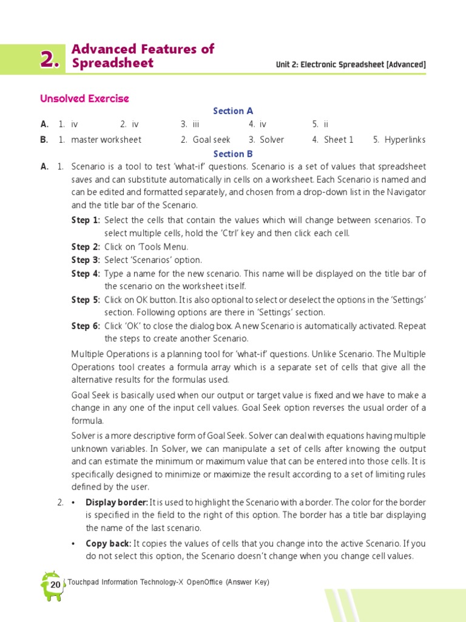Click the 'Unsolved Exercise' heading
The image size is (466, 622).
click(84, 98)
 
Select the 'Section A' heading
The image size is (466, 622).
click(233, 111)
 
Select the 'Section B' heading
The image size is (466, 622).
click(233, 154)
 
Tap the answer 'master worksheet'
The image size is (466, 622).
click(106, 140)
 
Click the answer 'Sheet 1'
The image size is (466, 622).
click(339, 140)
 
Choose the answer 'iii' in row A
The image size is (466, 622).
click(196, 124)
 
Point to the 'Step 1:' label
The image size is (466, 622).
click(86, 220)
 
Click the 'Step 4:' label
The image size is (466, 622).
click(86, 273)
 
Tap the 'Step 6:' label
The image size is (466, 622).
click(86, 326)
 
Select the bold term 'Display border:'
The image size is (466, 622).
click(116, 502)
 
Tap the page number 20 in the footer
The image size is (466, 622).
click(55, 585)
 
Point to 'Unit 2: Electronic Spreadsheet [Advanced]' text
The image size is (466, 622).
click(351, 64)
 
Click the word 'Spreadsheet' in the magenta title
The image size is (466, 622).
click(112, 64)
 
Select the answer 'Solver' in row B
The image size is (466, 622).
click(272, 140)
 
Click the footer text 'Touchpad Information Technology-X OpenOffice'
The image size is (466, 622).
click(146, 582)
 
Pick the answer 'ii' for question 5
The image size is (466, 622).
click(326, 124)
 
